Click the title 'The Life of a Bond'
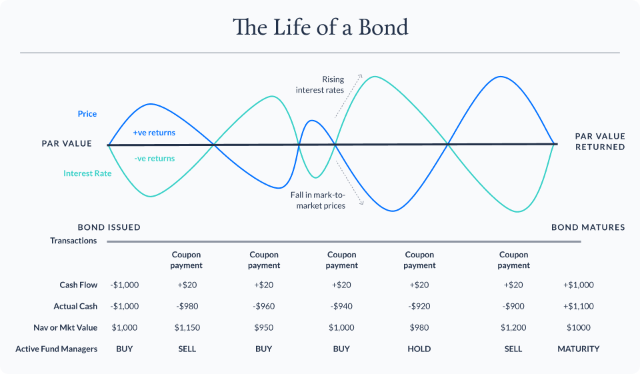(320, 27)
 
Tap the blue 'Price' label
(87, 114)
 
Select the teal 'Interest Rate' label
(87, 173)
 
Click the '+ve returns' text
(154, 133)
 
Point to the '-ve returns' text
(154, 159)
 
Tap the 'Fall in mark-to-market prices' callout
(318, 200)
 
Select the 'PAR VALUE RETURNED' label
(599, 141)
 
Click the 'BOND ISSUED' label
(109, 227)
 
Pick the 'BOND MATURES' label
(588, 227)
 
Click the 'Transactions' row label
(73, 241)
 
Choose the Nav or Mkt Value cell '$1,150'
(187, 327)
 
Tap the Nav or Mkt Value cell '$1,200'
(513, 327)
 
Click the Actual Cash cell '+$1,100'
(579, 306)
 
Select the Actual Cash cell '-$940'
(342, 306)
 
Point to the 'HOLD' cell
(419, 349)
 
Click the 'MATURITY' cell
(579, 349)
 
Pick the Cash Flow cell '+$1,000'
(579, 285)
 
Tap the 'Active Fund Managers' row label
(57, 349)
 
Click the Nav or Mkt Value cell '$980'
(419, 327)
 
